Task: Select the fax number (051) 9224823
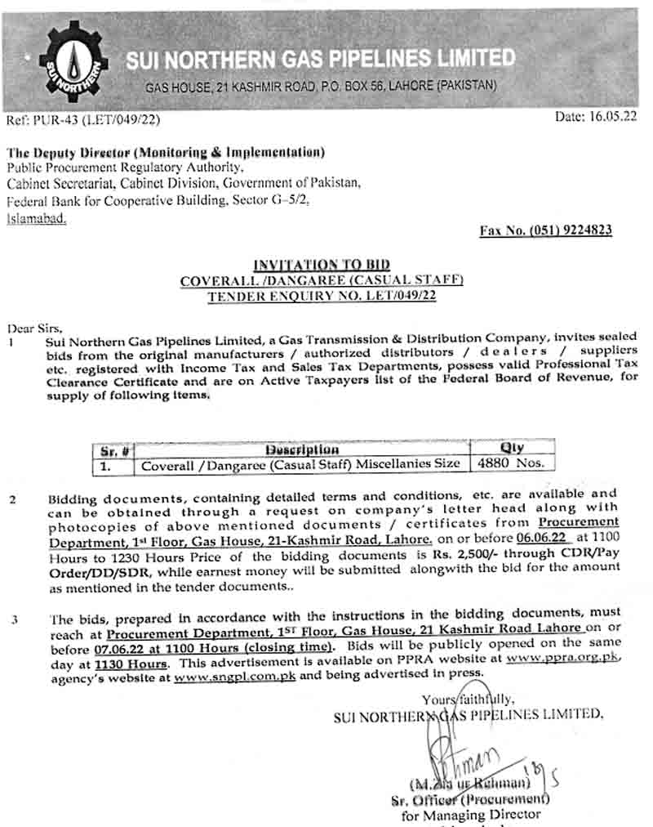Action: coord(545,230)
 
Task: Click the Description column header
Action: coord(301,449)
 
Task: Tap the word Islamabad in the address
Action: coord(37,220)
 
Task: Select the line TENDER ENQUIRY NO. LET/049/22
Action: coord(321,296)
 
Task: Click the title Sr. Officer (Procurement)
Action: coord(469,798)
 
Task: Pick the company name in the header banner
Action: coord(320,58)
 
